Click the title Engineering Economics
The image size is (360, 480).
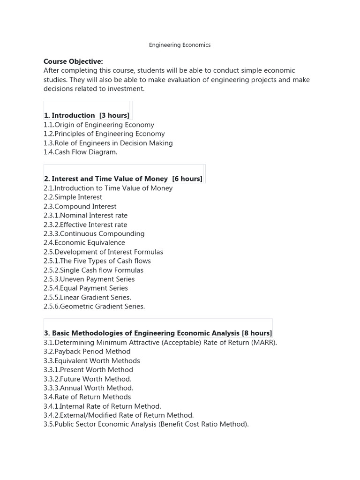[x=180, y=45]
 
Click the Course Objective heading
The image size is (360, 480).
[x=73, y=61]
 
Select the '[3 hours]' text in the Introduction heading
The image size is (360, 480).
[x=114, y=115]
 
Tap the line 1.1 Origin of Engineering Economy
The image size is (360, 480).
[x=99, y=125]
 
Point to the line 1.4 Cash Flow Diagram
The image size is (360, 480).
[x=81, y=152]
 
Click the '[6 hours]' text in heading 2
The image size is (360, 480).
[x=187, y=179]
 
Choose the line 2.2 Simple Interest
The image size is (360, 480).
[x=73, y=197]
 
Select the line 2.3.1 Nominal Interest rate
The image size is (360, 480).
[x=85, y=215]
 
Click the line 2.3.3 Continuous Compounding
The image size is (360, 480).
[x=94, y=233]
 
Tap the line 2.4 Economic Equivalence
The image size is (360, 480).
[x=84, y=242]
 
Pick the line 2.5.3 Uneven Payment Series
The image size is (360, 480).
[x=89, y=279]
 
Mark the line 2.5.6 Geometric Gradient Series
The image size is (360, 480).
[x=94, y=306]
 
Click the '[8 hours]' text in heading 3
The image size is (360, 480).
[x=257, y=333]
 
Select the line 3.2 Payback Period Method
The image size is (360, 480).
[x=87, y=351]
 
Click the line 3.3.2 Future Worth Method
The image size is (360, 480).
[x=88, y=379]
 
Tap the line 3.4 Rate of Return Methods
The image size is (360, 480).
[x=87, y=397]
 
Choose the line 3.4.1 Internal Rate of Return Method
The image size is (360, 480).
[x=102, y=406]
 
